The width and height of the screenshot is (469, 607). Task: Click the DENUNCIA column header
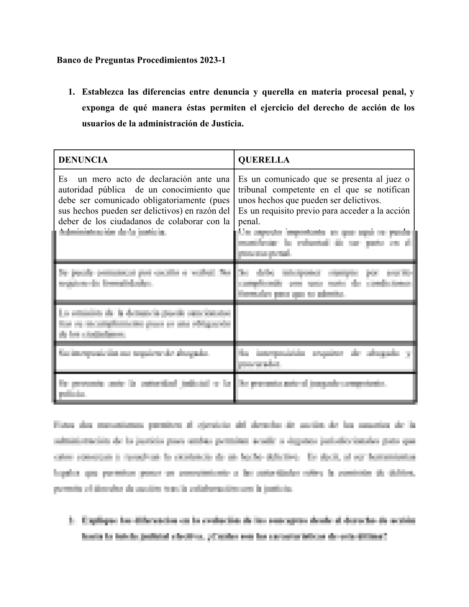(83, 160)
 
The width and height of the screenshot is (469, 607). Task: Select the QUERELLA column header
(264, 160)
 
